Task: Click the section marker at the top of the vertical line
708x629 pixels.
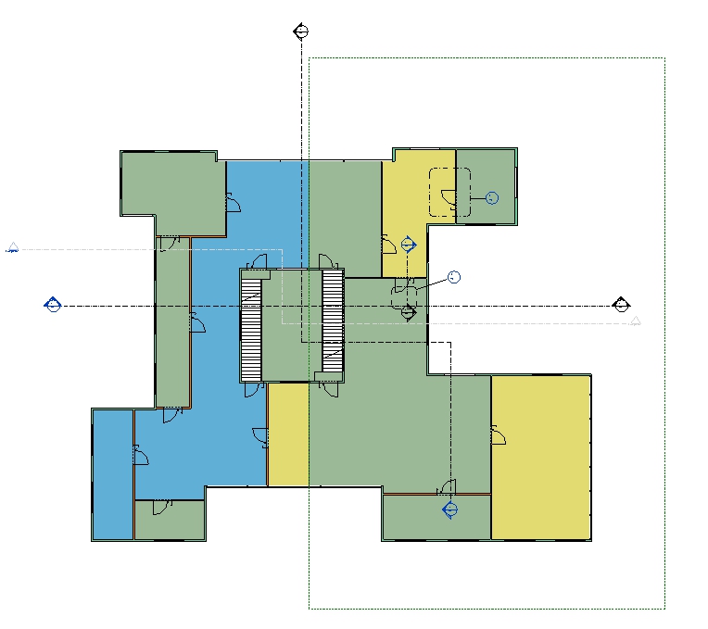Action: pos(299,31)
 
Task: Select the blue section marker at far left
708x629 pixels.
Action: pos(53,304)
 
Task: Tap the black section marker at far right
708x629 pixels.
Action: pos(621,305)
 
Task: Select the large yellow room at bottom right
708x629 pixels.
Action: pos(540,457)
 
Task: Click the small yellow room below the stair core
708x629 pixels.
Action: pos(287,434)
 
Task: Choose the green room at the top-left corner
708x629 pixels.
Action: pos(172,190)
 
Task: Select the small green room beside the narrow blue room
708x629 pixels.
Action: pos(170,521)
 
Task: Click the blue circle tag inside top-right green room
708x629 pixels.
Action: pos(491,197)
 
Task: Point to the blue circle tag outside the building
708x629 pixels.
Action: pos(453,277)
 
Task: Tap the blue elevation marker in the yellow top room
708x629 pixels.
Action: pos(409,245)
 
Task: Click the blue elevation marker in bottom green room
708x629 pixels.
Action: pos(450,509)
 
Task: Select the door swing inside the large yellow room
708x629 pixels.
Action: pos(498,434)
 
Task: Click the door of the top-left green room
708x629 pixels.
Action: pos(233,203)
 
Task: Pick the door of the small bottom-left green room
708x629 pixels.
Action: pos(161,506)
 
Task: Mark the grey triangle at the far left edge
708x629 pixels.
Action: pos(12,247)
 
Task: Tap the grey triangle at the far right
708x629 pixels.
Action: pos(635,321)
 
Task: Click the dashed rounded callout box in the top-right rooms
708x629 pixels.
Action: pos(449,193)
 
